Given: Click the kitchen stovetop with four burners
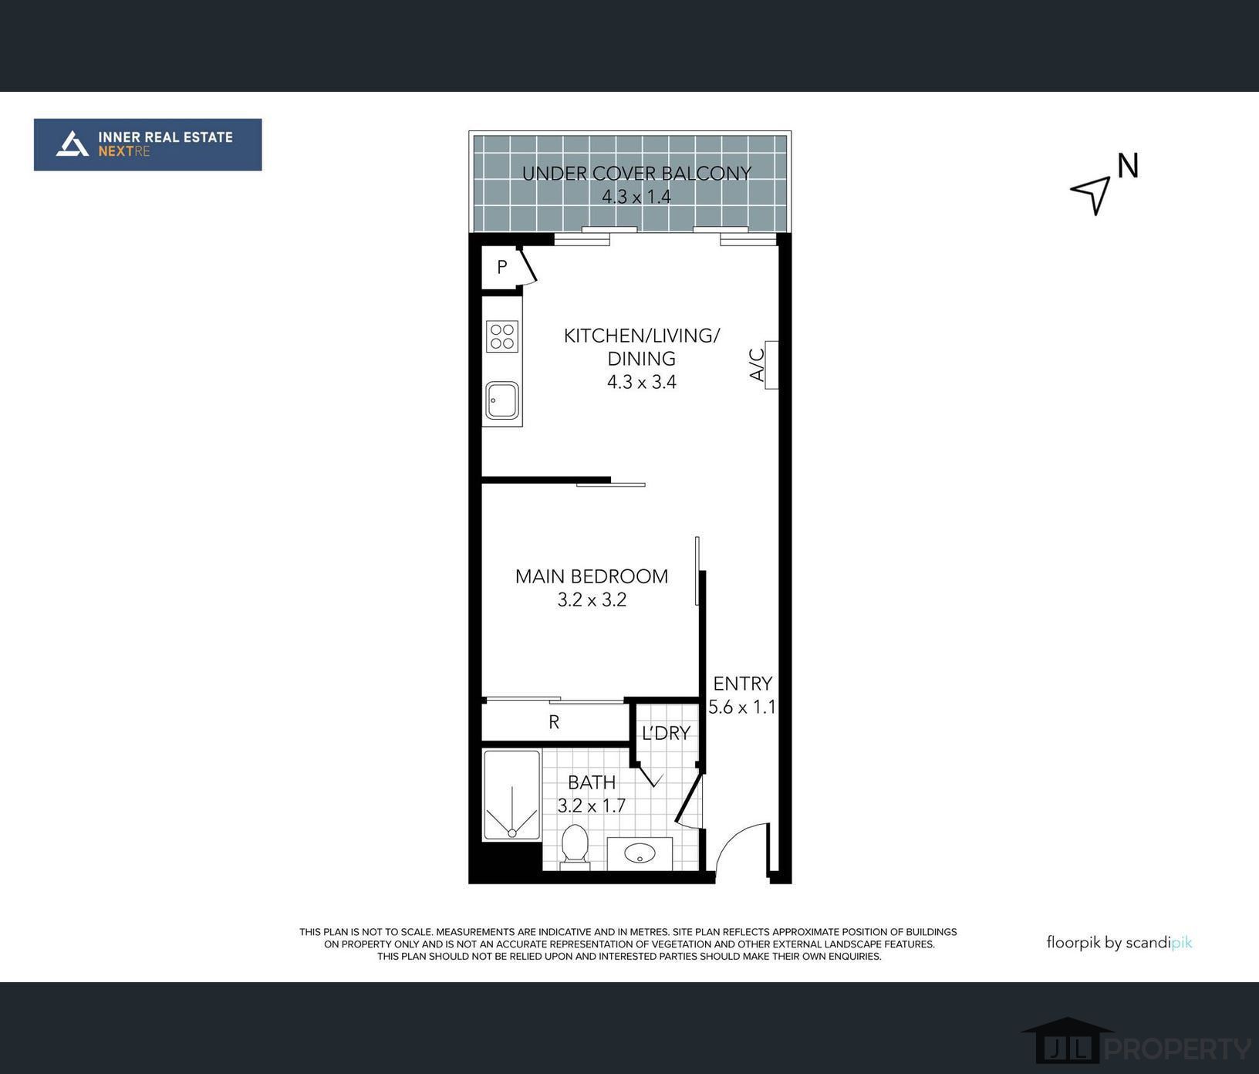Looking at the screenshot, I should click(502, 336).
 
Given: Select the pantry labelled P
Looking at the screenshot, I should click(502, 267).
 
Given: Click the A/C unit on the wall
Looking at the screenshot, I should click(771, 364).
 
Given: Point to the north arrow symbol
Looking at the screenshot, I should click(1092, 193).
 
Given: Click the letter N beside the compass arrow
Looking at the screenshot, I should click(1128, 166).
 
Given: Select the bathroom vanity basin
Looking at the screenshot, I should click(640, 853).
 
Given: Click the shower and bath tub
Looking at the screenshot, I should click(511, 795).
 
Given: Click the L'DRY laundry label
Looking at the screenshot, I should click(666, 733).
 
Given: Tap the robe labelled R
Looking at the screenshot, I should click(554, 722).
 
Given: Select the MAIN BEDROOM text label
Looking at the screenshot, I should click(592, 576).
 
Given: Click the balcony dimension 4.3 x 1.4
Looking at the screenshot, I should click(636, 197).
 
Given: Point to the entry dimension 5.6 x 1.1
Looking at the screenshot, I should click(742, 707).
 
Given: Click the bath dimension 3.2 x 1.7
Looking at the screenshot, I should click(592, 805).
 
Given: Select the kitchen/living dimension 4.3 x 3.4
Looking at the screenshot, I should click(642, 382).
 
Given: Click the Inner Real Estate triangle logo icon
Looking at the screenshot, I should click(73, 144).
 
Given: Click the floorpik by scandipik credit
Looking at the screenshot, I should click(1119, 942).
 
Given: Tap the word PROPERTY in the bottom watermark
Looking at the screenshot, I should click(1178, 1049).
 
